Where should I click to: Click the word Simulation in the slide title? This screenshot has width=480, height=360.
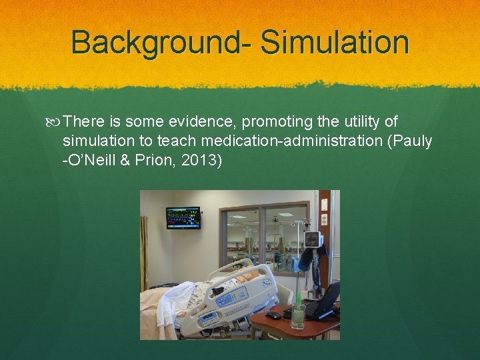(335, 42)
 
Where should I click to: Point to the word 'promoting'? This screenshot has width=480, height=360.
(277, 121)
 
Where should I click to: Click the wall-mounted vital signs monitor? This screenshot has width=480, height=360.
(183, 217)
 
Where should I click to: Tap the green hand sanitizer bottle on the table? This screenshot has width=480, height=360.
(298, 315)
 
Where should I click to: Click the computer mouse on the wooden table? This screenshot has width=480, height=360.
(273, 315)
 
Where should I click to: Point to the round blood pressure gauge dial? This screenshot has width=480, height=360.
(312, 239)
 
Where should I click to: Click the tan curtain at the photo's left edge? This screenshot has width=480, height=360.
(143, 253)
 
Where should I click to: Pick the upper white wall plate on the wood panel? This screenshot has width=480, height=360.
(324, 203)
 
